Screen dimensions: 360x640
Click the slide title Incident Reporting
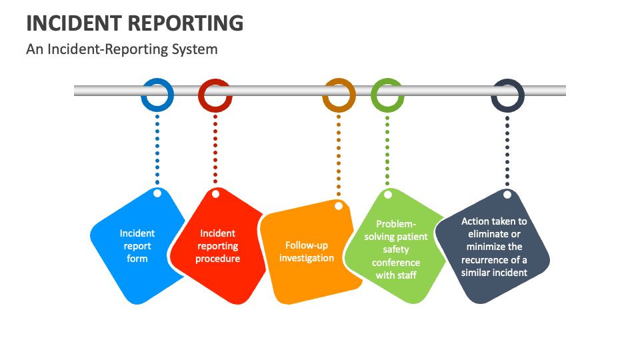click(135, 23)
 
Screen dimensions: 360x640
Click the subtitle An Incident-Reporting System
click(122, 49)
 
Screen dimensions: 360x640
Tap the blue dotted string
click(157, 150)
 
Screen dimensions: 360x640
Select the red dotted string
click(215, 150)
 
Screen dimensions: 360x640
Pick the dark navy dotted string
click(507, 150)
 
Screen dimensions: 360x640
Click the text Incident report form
click(137, 246)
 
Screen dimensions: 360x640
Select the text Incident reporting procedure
click(217, 246)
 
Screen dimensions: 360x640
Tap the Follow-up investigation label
click(307, 252)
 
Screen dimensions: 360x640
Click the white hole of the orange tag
click(339, 207)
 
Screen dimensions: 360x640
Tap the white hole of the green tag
click(387, 195)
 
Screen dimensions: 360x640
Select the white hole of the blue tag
click(157, 193)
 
